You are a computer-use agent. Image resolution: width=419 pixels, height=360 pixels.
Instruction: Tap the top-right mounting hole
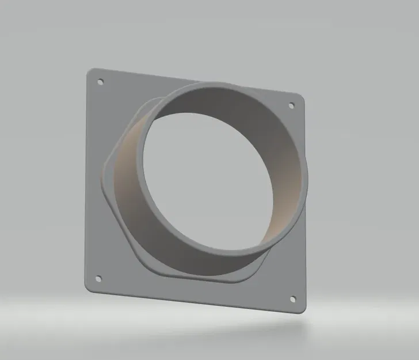pyautogui.click(x=291, y=105)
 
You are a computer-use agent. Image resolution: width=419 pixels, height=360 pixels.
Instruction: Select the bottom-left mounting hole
pyautogui.click(x=97, y=279)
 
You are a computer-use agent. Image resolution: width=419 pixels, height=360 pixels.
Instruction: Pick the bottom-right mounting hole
pyautogui.click(x=292, y=300)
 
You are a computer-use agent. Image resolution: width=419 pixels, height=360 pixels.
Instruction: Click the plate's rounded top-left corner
pyautogui.click(x=90, y=72)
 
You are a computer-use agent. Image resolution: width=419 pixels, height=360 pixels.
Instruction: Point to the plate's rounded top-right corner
pyautogui.click(x=300, y=95)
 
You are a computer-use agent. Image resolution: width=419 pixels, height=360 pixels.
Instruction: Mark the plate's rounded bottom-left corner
pyautogui.click(x=87, y=288)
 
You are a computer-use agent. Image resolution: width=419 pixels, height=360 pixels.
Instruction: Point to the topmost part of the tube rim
pyautogui.click(x=216, y=85)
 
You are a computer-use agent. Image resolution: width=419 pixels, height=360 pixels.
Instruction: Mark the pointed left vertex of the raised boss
pyautogui.click(x=105, y=170)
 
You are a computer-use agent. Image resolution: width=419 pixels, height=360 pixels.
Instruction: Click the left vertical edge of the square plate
pyautogui.click(x=86, y=184)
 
